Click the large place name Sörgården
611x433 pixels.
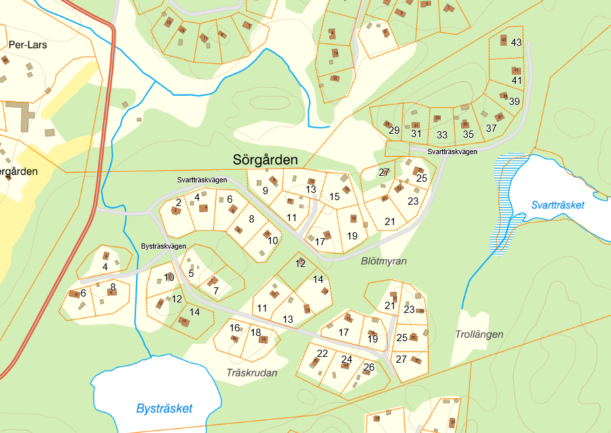265,159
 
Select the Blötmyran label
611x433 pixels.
384,261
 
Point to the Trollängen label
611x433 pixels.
479,334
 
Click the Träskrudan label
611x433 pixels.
252,373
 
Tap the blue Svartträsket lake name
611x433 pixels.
557,205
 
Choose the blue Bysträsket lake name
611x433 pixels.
164,408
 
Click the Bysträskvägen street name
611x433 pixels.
164,246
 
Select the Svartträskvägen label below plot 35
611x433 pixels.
451,152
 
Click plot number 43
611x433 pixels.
516,43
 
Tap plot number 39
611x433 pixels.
514,101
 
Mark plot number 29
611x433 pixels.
394,131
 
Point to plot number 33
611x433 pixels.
442,135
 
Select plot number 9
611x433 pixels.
265,191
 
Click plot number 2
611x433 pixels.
178,203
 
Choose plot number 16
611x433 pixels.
235,328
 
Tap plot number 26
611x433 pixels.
369,367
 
